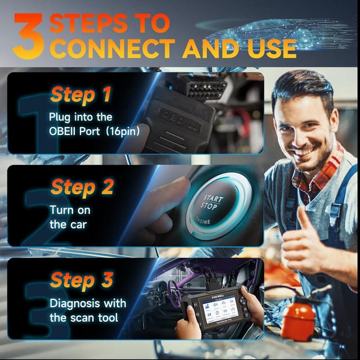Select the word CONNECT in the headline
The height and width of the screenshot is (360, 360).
[112, 49]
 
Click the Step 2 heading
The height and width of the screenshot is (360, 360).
[82, 186]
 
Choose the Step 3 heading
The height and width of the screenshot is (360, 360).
[82, 279]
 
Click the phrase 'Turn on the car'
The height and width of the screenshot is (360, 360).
[70, 217]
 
